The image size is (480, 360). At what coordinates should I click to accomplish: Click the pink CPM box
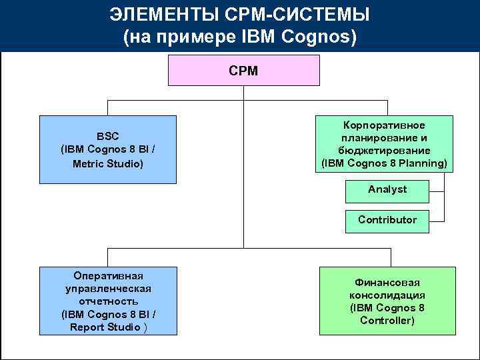click(x=243, y=70)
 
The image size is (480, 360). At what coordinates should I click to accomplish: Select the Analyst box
click(x=387, y=190)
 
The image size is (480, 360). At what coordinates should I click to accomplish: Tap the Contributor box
click(x=387, y=220)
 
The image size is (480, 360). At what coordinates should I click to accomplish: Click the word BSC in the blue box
click(x=107, y=137)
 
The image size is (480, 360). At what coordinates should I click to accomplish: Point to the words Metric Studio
click(x=107, y=163)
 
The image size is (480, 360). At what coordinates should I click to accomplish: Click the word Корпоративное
click(x=384, y=125)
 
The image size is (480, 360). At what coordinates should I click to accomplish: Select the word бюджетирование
click(x=384, y=151)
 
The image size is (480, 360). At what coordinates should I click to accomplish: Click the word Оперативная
click(x=108, y=276)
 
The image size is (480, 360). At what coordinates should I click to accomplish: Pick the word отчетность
click(x=108, y=301)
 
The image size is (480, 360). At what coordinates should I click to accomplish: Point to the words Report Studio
click(x=105, y=327)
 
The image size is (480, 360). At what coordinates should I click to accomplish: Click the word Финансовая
click(x=387, y=283)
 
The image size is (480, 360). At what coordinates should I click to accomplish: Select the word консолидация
click(x=387, y=295)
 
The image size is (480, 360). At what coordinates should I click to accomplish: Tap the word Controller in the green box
click(x=387, y=321)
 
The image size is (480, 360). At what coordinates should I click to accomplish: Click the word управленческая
click(x=108, y=289)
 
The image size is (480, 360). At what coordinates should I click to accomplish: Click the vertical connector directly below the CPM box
click(x=243, y=93)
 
